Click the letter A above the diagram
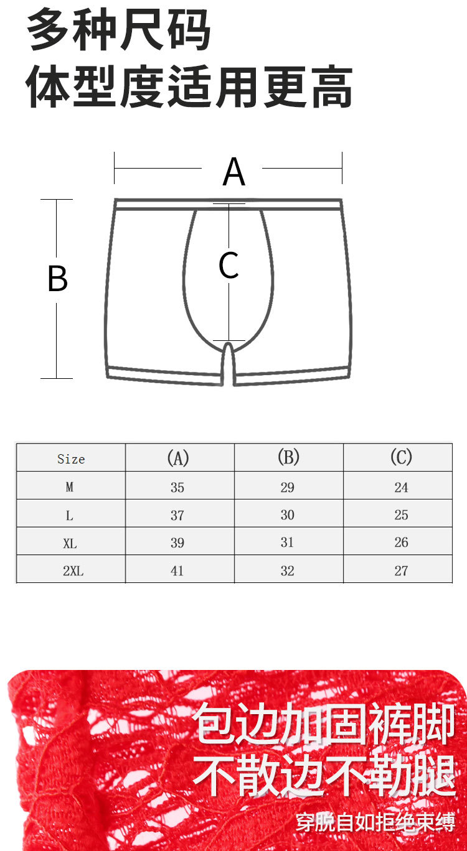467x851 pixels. (233, 172)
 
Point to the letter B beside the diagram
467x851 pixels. (57, 279)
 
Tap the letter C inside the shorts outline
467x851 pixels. (229, 266)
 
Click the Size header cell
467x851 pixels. (70, 459)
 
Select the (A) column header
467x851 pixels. (177, 458)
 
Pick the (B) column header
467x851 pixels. (288, 458)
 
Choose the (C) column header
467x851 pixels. (401, 458)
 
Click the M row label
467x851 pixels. (70, 487)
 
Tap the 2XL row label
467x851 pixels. (73, 571)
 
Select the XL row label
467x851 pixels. (70, 543)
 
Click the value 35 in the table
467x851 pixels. (177, 487)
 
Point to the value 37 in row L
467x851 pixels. (177, 515)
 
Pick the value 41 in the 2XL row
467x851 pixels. (177, 571)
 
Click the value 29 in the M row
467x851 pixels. (287, 487)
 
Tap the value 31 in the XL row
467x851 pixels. (287, 542)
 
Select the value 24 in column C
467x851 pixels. (401, 487)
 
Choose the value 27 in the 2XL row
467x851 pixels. (401, 571)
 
